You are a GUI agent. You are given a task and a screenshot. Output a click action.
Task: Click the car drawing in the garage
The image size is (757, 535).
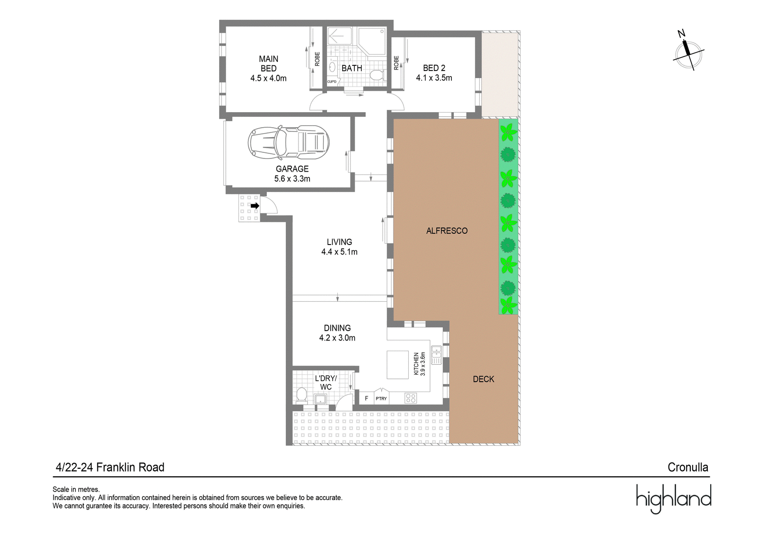(x=289, y=143)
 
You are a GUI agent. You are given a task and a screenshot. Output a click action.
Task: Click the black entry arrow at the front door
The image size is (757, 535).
(x=255, y=205)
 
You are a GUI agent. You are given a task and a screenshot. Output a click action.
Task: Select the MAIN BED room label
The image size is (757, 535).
(x=269, y=63)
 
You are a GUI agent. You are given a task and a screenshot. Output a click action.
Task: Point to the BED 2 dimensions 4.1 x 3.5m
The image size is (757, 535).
(x=434, y=78)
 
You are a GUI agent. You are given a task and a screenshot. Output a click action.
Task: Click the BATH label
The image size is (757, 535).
(x=352, y=68)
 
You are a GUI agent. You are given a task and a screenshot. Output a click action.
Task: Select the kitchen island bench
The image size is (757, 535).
(x=397, y=365)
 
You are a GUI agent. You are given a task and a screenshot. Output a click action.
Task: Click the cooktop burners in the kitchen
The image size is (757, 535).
(x=411, y=398)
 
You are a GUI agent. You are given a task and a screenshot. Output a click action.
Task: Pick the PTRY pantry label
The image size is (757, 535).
(x=381, y=399)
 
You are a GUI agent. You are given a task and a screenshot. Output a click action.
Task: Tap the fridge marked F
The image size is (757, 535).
(x=366, y=398)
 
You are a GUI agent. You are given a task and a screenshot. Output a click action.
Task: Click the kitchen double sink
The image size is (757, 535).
(x=436, y=355)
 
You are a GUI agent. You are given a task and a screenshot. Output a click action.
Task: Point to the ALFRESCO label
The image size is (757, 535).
(x=447, y=231)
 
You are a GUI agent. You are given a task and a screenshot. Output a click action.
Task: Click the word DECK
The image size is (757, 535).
(x=483, y=379)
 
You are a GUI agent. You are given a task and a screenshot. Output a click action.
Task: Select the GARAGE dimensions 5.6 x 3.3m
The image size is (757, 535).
(x=292, y=179)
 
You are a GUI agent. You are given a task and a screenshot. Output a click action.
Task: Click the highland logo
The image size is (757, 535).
(x=674, y=499)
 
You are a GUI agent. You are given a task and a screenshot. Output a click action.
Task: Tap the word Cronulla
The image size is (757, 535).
(x=688, y=467)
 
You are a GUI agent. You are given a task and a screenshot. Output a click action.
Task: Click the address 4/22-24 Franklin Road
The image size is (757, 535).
(x=110, y=467)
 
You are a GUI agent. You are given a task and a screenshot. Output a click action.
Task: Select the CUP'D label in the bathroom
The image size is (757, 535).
(x=332, y=82)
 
